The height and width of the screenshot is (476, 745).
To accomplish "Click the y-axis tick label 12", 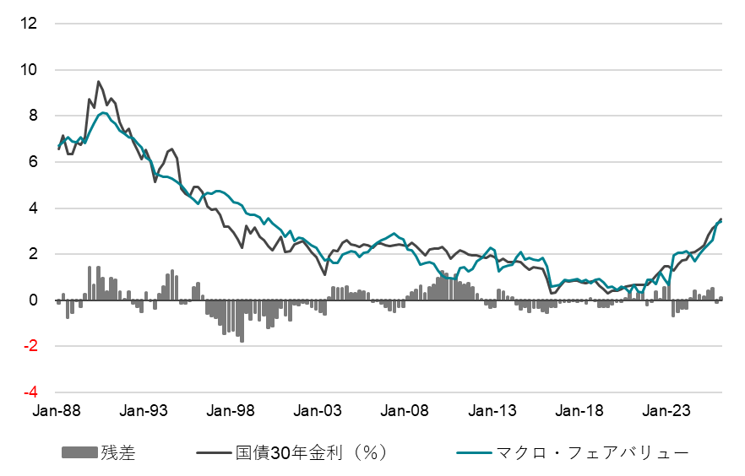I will pos(29,24).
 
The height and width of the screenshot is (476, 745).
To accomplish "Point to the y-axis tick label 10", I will pos(29,69).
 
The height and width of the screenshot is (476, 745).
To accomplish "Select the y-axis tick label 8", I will pos(32,116).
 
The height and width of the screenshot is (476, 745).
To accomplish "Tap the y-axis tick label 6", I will pos(32,162).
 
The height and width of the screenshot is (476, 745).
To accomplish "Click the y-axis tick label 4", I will pos(32,208).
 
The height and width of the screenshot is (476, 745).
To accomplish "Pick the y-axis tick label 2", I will pos(32,254).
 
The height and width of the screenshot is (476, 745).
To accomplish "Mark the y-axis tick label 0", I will pos(32,300).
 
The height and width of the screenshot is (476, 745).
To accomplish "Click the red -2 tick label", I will pos(30,346).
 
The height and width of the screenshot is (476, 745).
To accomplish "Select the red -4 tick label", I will pos(30,392).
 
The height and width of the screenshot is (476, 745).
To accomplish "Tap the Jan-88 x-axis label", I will pos(56,412).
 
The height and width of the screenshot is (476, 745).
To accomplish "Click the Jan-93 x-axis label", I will pos(145,412).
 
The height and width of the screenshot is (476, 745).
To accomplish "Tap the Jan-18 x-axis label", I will pos(582,412).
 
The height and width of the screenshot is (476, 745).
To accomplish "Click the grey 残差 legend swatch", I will pos(79,453).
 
